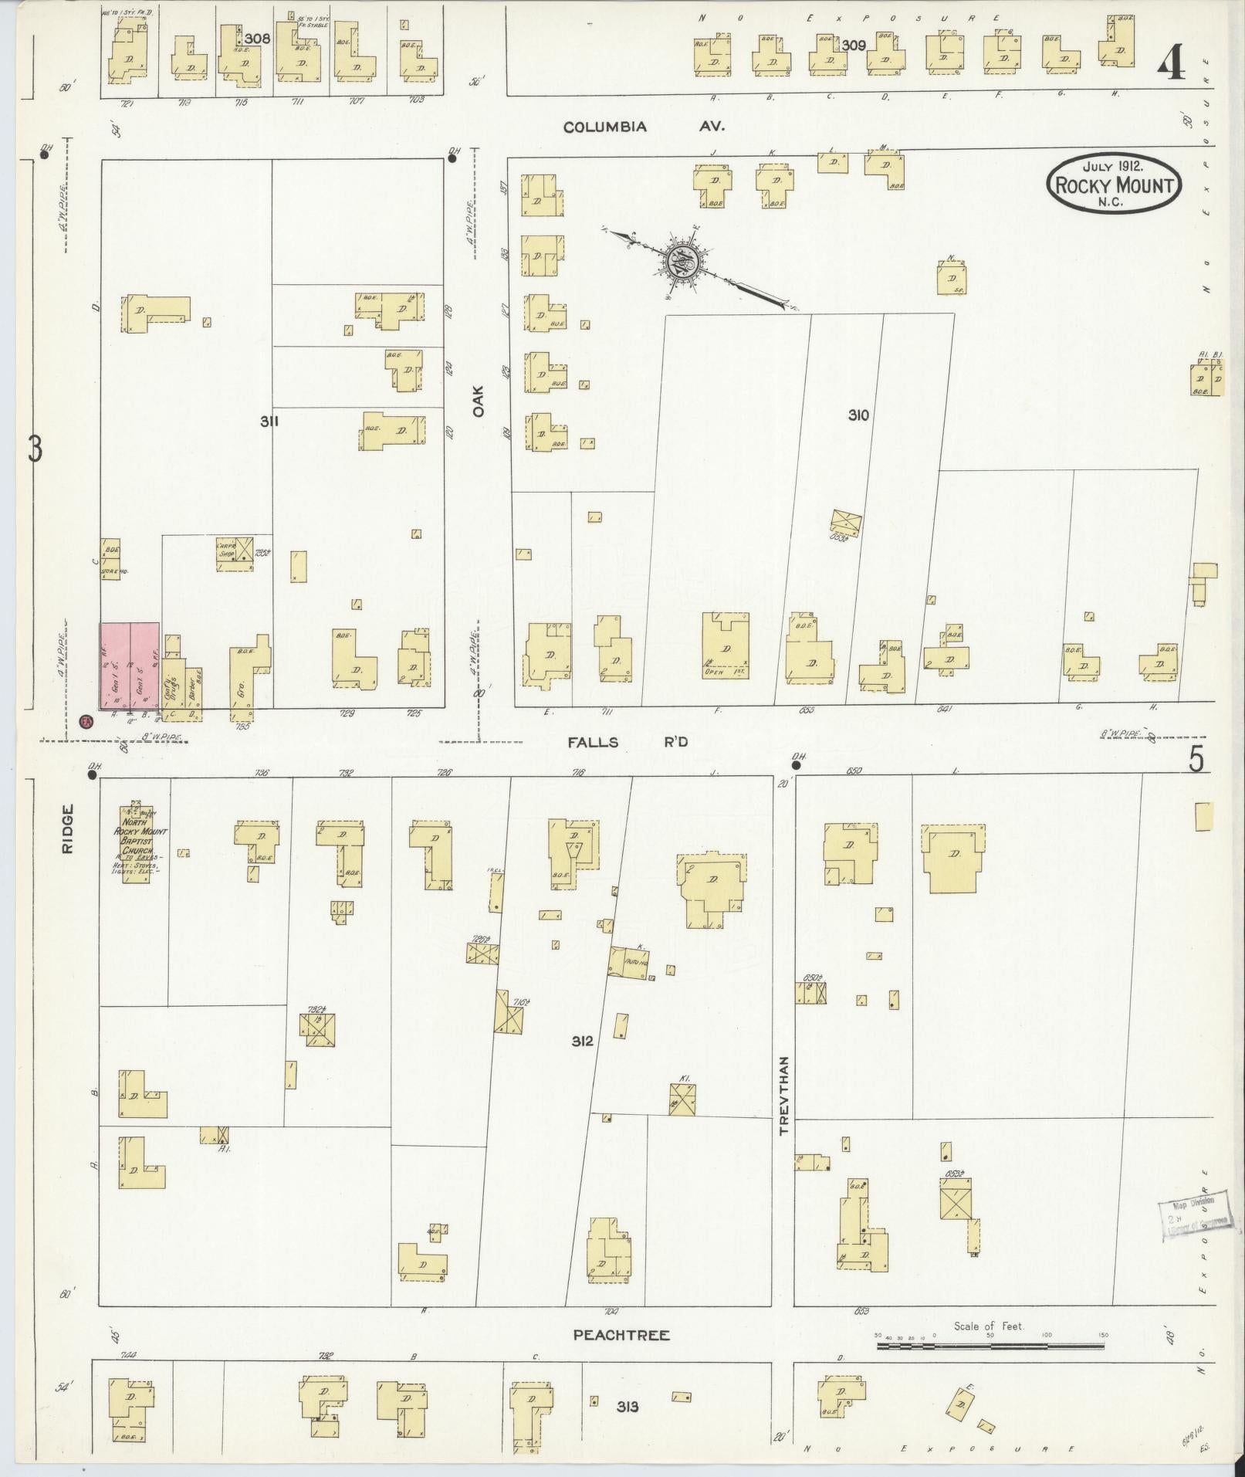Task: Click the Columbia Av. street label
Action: click(643, 127)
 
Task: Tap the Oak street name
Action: click(479, 401)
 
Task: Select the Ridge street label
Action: click(68, 829)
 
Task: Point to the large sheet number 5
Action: click(1196, 761)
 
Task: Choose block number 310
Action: click(858, 415)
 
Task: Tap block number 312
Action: click(582, 1041)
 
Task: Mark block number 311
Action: click(269, 421)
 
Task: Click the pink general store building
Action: click(130, 665)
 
